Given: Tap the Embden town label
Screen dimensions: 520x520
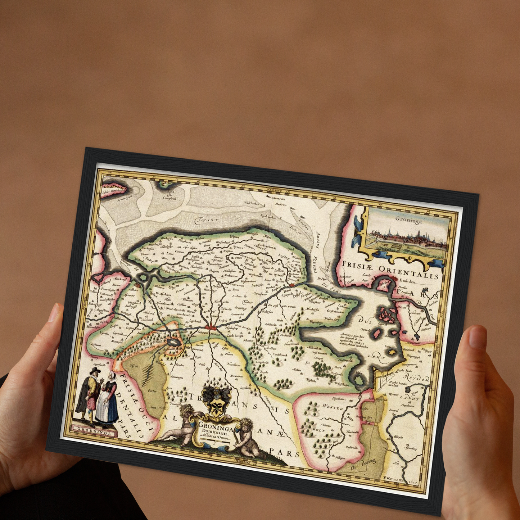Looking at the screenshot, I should pos(407,281).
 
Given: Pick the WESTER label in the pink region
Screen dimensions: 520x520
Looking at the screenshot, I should pos(332,407).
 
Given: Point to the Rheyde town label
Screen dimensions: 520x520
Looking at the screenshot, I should pos(398,437).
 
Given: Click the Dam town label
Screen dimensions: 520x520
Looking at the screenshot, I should pos(286,291).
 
